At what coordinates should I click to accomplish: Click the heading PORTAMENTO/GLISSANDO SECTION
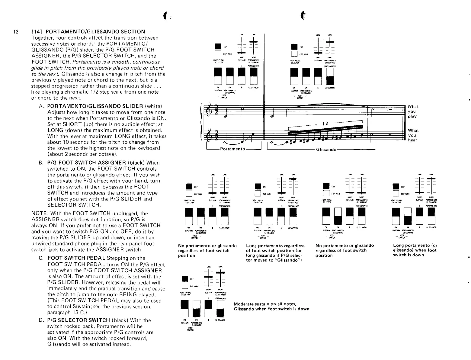click(x=96, y=32)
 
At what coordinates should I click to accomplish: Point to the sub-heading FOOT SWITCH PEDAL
click(x=76, y=258)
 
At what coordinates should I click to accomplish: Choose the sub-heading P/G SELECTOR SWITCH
click(x=78, y=320)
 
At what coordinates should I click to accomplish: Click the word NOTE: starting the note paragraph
click(x=39, y=213)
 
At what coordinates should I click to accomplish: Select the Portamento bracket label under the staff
click(x=232, y=149)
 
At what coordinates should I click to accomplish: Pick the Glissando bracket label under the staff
click(x=326, y=149)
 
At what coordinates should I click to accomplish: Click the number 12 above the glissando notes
click(x=325, y=124)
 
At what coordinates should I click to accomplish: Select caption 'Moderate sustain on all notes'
click(x=265, y=304)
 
